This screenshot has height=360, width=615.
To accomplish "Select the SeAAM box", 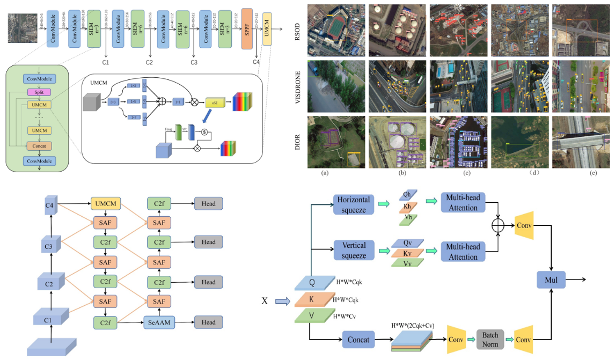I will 160,322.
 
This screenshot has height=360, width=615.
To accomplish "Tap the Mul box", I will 551,280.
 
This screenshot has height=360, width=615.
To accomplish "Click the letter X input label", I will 264,301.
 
